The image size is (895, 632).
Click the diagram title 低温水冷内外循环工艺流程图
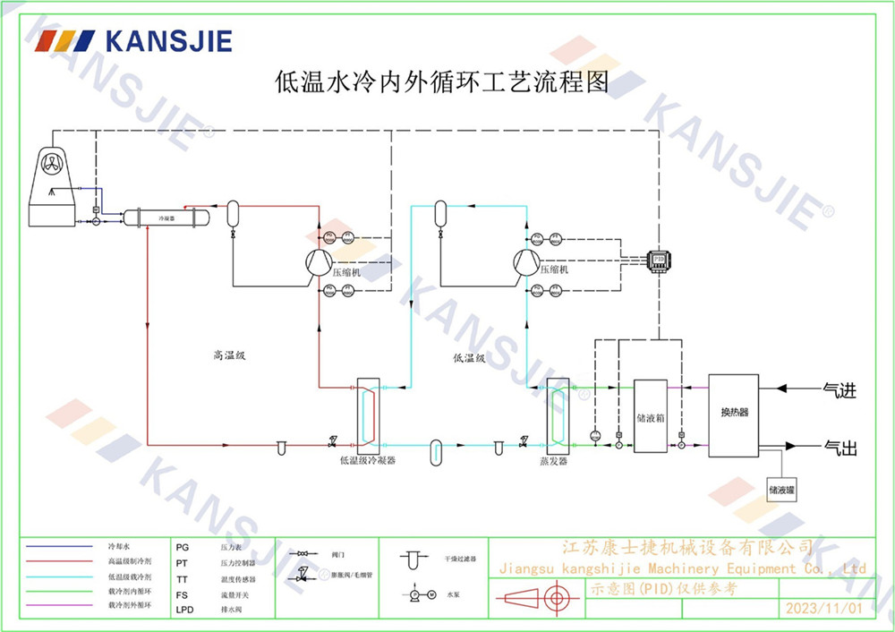pyautogui.click(x=441, y=83)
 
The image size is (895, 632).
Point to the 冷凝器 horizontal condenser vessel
pyautogui.click(x=166, y=218)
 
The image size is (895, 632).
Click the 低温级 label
pyautogui.click(x=469, y=358)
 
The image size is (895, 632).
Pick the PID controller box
pyautogui.click(x=660, y=259)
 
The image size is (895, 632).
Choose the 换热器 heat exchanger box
pyautogui.click(x=733, y=414)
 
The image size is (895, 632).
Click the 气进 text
pyautogui.click(x=840, y=390)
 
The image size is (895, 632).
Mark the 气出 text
pyautogui.click(x=840, y=448)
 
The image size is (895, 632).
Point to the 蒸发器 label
pyautogui.click(x=553, y=461)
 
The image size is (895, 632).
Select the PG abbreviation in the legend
pyautogui.click(x=183, y=545)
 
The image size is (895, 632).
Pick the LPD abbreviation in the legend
pyautogui.click(x=184, y=610)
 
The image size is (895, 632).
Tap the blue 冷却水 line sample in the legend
pyautogui.click(x=60, y=545)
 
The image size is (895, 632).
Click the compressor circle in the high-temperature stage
pyautogui.click(x=316, y=262)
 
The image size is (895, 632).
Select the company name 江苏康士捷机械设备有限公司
pyautogui.click(x=686, y=547)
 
